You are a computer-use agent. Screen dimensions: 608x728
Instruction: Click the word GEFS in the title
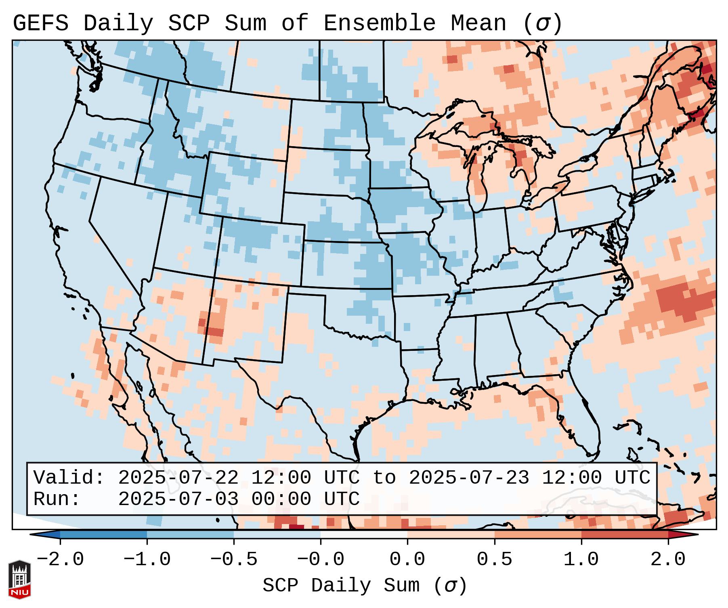pos(40,23)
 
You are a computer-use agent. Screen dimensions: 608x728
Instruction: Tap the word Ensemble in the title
pos(379,23)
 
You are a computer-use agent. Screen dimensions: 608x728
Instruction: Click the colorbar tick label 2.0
pos(668,560)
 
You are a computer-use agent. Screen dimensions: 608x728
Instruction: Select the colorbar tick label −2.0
pos(60,560)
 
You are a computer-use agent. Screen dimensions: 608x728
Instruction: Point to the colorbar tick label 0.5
pos(494,560)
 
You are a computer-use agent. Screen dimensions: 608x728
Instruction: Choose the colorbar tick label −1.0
pos(147,560)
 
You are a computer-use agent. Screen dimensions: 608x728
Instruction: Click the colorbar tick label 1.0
pos(581,560)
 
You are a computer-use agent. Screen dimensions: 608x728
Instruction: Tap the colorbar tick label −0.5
pos(234,560)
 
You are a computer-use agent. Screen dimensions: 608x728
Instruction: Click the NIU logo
pos(19,579)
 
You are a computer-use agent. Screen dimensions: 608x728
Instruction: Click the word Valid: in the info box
pos(69,478)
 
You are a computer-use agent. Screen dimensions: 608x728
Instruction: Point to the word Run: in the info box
pos(57,499)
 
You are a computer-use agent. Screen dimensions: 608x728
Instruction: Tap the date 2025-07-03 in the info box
pos(178,499)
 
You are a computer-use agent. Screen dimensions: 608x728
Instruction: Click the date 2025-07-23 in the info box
pos(469,478)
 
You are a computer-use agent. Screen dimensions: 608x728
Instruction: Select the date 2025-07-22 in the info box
pos(178,478)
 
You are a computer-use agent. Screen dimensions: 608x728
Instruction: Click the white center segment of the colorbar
pos(364,535)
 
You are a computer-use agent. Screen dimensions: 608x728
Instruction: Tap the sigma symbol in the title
pos(543,23)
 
